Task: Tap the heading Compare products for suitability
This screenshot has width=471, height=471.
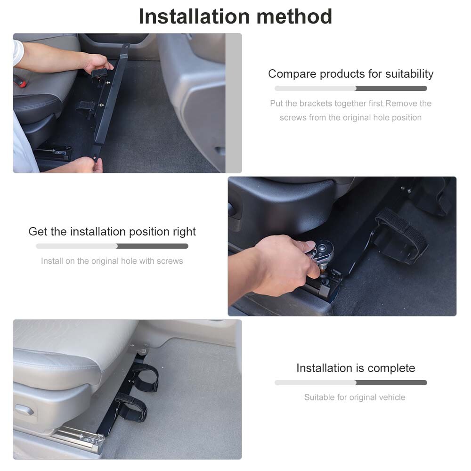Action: click(x=350, y=74)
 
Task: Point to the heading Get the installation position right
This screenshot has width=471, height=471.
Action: click(x=112, y=232)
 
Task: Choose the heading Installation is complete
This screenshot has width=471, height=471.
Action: click(x=356, y=368)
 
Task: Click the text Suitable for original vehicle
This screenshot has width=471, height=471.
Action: click(x=355, y=398)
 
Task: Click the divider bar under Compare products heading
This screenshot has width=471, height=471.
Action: click(x=350, y=89)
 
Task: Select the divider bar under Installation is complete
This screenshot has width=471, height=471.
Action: click(x=350, y=383)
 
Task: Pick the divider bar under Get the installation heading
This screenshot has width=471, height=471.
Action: click(x=112, y=246)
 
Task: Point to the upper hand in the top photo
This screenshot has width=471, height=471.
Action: click(x=97, y=62)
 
